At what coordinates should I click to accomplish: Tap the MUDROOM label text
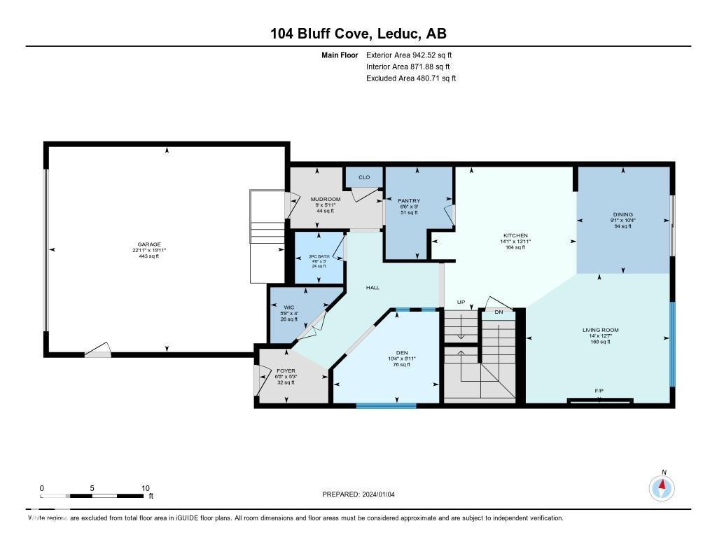(326, 200)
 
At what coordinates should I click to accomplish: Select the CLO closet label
(364, 177)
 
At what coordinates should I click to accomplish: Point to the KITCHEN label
(515, 235)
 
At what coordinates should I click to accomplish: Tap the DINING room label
(622, 214)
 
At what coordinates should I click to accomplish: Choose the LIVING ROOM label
(601, 330)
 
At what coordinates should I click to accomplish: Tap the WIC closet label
(288, 306)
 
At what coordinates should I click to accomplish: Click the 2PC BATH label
(319, 256)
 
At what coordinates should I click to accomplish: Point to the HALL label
(373, 288)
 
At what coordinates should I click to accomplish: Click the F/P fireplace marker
(599, 391)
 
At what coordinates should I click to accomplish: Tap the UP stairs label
(461, 302)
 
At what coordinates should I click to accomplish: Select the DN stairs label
(499, 312)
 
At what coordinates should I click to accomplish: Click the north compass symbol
(662, 487)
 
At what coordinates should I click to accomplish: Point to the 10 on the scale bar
(145, 488)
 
